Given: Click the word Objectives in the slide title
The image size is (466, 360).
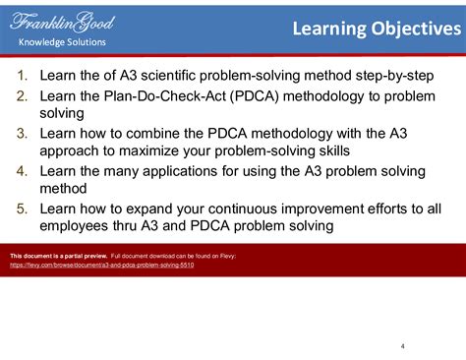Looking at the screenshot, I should click(x=413, y=29).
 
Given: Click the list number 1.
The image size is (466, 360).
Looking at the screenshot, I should click(x=23, y=76).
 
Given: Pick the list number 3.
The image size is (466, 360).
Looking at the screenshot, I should click(x=23, y=133).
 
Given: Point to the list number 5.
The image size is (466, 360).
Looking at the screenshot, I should click(x=23, y=209).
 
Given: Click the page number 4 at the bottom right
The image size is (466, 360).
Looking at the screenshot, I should click(x=403, y=345).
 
